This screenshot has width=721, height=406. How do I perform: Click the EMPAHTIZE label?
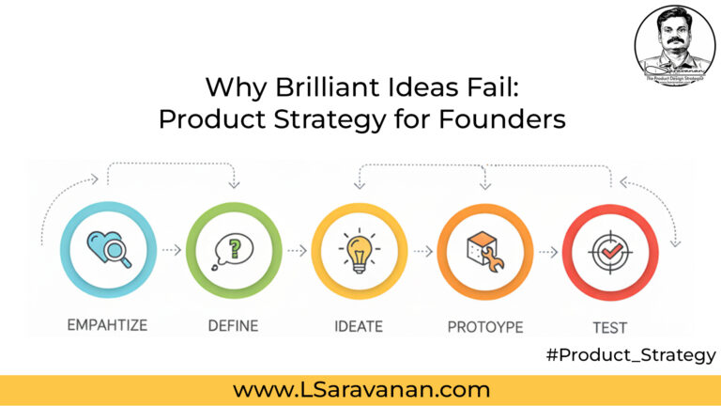pyautogui.click(x=107, y=326)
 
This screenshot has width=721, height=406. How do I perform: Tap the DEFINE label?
pyautogui.click(x=233, y=326)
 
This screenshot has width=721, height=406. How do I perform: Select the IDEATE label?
pyautogui.click(x=359, y=326)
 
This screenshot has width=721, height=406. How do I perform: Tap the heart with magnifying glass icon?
pyautogui.click(x=107, y=250)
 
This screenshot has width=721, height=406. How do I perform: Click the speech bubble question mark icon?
pyautogui.click(x=233, y=250)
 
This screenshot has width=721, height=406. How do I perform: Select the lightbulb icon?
pyautogui.click(x=359, y=250)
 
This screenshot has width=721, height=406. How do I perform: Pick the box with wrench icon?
pyautogui.click(x=484, y=250)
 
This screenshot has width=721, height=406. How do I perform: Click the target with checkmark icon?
pyautogui.click(x=609, y=250)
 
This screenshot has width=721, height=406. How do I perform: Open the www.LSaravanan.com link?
pyautogui.click(x=361, y=388)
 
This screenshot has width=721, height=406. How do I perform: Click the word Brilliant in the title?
pyautogui.click(x=326, y=90)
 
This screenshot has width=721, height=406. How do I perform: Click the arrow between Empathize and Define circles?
pyautogui.click(x=170, y=251)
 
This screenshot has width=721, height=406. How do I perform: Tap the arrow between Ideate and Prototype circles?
pyautogui.click(x=422, y=251)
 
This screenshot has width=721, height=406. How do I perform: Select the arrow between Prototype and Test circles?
pyautogui.click(x=547, y=251)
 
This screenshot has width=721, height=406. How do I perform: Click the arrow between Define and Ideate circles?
pyautogui.click(x=296, y=251)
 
